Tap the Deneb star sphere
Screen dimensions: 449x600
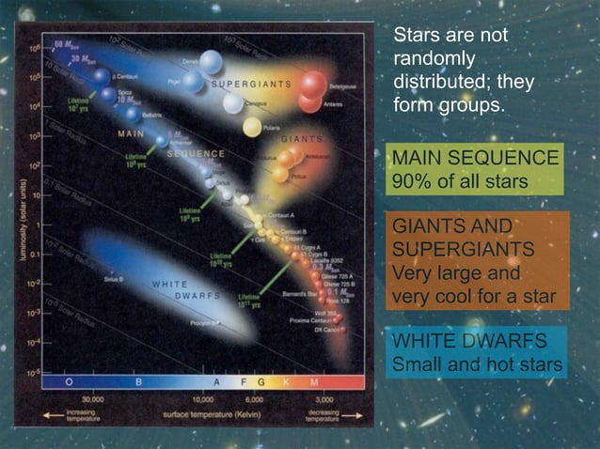(211, 61)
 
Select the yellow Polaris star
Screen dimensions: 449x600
(252, 125)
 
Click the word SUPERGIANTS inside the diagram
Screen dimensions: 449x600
(250, 84)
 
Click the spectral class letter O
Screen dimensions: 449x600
(68, 381)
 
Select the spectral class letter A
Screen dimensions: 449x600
(215, 381)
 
